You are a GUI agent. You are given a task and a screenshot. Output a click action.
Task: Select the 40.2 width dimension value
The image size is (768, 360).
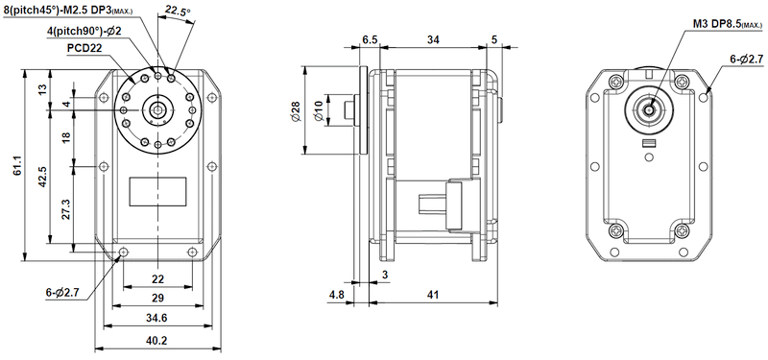click(x=157, y=340)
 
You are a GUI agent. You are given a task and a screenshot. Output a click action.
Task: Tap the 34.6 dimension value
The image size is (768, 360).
click(x=157, y=318)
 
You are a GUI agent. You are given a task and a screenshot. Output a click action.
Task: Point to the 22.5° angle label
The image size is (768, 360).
click(x=178, y=11)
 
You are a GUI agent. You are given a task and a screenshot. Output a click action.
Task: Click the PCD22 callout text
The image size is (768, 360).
click(x=84, y=49)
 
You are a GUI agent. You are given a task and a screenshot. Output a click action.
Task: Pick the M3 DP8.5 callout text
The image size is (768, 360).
click(x=728, y=24)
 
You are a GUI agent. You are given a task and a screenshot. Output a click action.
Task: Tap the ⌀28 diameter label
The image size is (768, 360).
click(x=295, y=110)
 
